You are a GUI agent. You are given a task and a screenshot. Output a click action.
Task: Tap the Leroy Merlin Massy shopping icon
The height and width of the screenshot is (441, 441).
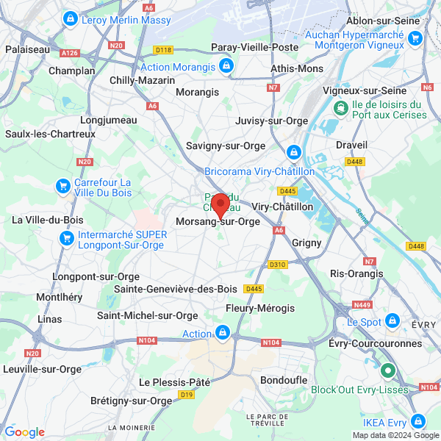click(x=71, y=18)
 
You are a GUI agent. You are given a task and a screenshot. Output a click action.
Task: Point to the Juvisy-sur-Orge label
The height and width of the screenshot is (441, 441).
click(x=272, y=121)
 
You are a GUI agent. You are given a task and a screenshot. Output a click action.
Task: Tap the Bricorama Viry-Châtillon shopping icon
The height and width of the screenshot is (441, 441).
click(x=293, y=152)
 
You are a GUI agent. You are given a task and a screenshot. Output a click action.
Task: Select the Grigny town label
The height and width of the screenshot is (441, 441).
click(x=307, y=241)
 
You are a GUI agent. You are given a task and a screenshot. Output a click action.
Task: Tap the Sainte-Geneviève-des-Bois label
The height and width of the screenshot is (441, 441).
click(x=176, y=289)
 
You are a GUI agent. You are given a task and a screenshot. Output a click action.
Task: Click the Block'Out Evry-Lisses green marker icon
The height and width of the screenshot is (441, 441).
click(x=387, y=371)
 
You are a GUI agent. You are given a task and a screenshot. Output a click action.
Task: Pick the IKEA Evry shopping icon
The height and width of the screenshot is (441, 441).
click(x=418, y=421)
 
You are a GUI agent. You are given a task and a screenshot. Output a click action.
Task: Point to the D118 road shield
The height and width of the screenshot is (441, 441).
click(x=163, y=50)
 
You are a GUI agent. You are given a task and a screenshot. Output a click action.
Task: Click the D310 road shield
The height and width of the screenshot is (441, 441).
click(x=277, y=265)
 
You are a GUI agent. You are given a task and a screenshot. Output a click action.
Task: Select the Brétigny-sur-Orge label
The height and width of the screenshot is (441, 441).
click(x=130, y=401)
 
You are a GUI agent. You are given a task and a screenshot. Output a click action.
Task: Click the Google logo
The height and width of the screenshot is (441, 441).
click(x=24, y=432)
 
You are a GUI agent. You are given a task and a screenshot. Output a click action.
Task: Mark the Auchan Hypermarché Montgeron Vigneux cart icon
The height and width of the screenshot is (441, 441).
click(x=415, y=39)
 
